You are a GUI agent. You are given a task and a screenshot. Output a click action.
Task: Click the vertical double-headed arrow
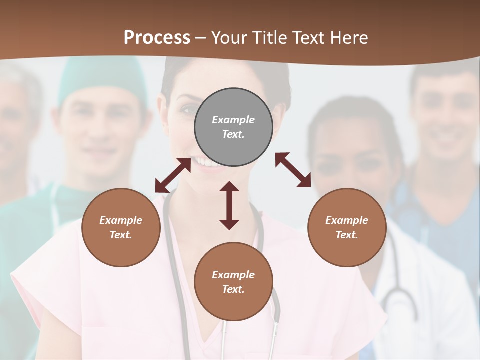pyautogui.click(x=229, y=206)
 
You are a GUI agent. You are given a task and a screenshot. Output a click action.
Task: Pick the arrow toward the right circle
pyautogui.click(x=293, y=170)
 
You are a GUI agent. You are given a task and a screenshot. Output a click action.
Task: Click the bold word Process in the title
pyautogui.click(x=157, y=37)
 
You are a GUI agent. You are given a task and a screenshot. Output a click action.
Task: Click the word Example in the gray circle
pyautogui.click(x=233, y=120)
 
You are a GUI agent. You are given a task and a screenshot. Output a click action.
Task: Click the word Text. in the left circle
pyautogui.click(x=121, y=235)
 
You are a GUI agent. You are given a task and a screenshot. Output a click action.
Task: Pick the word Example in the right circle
pyautogui.click(x=347, y=220)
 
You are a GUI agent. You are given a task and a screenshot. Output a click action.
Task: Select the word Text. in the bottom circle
pyautogui.click(x=233, y=289)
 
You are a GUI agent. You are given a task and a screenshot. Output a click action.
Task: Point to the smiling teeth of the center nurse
pyautogui.click(x=206, y=162)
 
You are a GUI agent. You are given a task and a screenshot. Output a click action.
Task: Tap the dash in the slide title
pyautogui.click(x=200, y=38)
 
